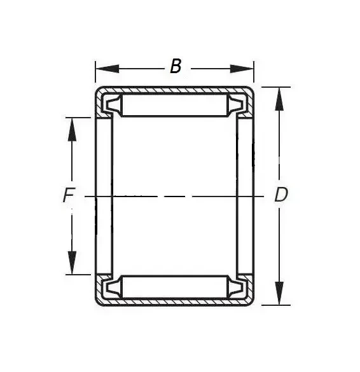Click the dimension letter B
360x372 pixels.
[x=176, y=66]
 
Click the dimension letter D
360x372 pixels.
[x=281, y=195]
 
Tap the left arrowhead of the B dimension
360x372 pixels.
[x=107, y=69]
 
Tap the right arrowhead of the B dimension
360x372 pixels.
[x=242, y=69]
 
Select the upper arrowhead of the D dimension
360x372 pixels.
[x=279, y=99]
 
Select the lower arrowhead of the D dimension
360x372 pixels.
[x=279, y=293]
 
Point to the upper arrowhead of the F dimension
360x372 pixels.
[x=72, y=130]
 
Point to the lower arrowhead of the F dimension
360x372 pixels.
[x=72, y=263]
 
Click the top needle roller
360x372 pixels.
[x=175, y=105]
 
